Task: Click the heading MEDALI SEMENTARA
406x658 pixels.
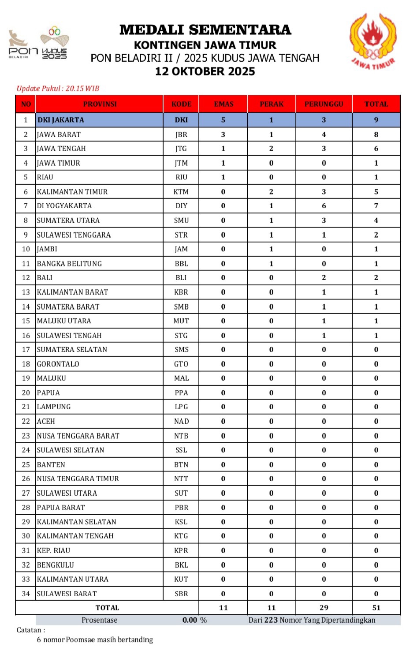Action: (x=205, y=30)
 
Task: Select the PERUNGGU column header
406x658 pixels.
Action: (x=324, y=104)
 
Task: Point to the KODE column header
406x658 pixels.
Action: (x=181, y=104)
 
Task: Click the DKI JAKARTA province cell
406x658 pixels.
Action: (x=61, y=120)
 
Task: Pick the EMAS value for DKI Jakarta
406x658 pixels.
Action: (x=223, y=120)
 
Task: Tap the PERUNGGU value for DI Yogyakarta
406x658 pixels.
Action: (x=324, y=206)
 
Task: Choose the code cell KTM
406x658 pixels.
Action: (x=181, y=192)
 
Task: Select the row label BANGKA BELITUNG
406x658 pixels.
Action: (x=69, y=264)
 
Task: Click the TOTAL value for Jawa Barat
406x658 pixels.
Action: (x=376, y=135)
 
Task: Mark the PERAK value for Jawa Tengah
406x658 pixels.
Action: (x=271, y=149)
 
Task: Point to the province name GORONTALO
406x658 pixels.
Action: (x=58, y=364)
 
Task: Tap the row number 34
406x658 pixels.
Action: (x=26, y=594)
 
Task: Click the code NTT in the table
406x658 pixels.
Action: (x=181, y=479)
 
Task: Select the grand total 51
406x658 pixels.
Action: (x=376, y=608)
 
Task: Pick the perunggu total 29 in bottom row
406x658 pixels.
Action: (x=324, y=608)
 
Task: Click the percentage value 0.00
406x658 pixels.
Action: (x=190, y=620)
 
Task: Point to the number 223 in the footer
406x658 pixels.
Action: (x=271, y=620)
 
